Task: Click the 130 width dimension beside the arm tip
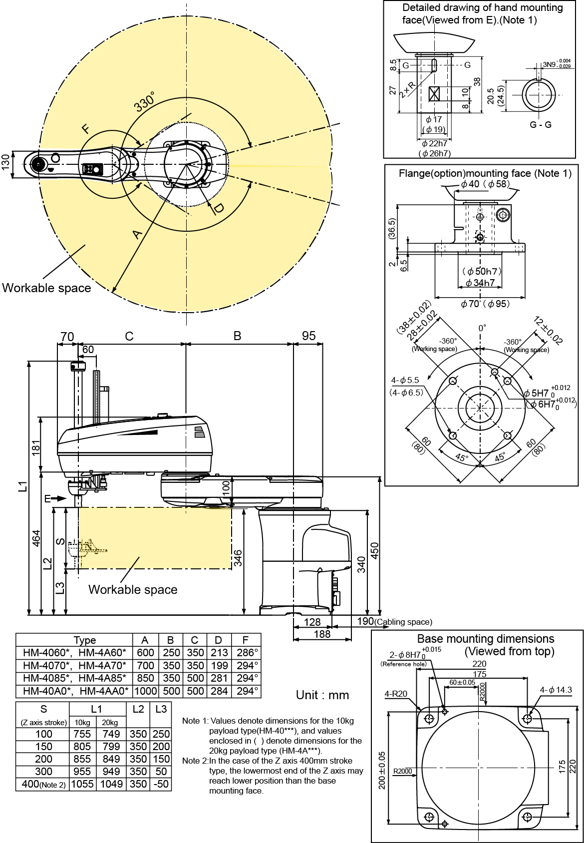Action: click(x=5, y=163)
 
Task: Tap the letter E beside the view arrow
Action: click(x=47, y=498)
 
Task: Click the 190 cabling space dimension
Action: click(x=365, y=621)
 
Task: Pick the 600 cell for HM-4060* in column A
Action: click(x=145, y=653)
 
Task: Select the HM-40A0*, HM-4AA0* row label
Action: click(x=75, y=691)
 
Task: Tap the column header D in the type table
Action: click(x=218, y=640)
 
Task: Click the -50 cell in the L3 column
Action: click(x=161, y=784)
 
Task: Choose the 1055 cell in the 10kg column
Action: click(x=82, y=784)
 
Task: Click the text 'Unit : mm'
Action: click(x=322, y=695)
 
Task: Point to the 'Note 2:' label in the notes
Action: click(x=195, y=761)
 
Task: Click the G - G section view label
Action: click(x=541, y=125)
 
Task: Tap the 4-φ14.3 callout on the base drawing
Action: click(x=556, y=690)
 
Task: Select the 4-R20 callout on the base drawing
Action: click(x=396, y=694)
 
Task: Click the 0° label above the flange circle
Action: click(x=482, y=328)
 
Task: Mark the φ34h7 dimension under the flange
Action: click(x=480, y=283)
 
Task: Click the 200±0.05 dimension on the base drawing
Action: click(x=382, y=770)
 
